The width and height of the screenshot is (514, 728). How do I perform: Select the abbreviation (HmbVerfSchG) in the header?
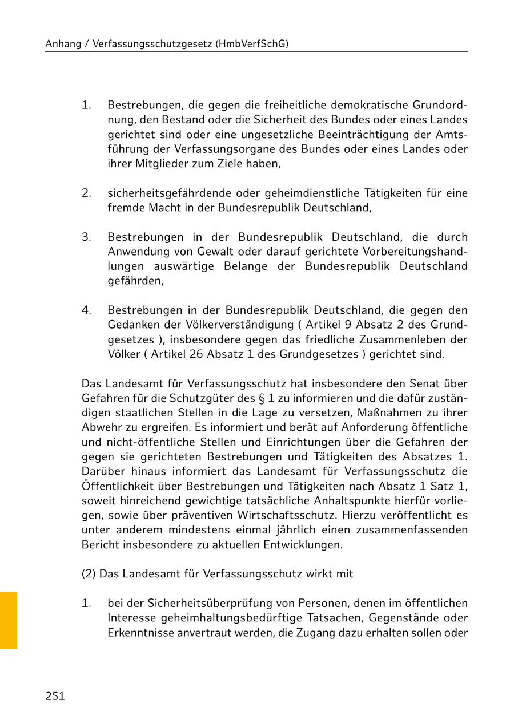(x=252, y=43)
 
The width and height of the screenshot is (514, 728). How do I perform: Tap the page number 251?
(x=55, y=696)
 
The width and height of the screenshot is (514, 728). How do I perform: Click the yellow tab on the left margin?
(x=9, y=620)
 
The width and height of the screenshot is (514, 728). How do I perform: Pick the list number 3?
(x=86, y=237)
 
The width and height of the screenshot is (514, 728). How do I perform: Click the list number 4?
(x=86, y=310)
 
